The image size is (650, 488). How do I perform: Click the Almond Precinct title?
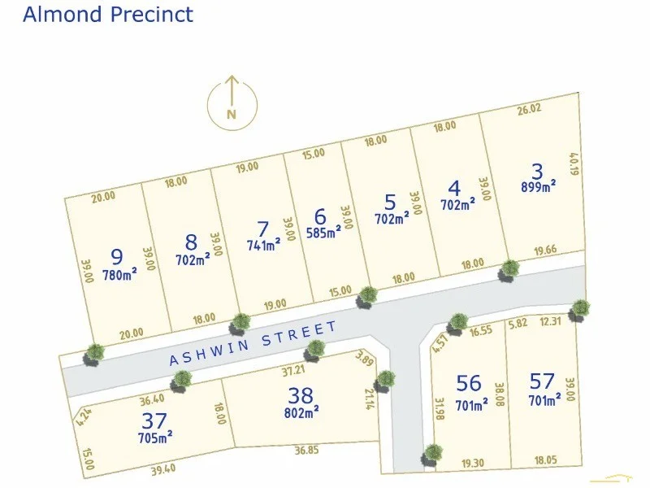[108, 15]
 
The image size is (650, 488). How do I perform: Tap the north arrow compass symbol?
[231, 102]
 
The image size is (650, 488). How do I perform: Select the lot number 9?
[116, 257]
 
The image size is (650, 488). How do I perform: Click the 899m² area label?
[538, 186]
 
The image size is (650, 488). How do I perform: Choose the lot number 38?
[301, 395]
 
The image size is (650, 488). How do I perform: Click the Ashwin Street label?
[253, 343]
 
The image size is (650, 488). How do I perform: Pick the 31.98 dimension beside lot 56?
[439, 409]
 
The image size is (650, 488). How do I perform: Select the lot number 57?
[543, 381]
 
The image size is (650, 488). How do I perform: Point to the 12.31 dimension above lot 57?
[551, 322]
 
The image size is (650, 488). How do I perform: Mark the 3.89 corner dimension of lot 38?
[364, 359]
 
